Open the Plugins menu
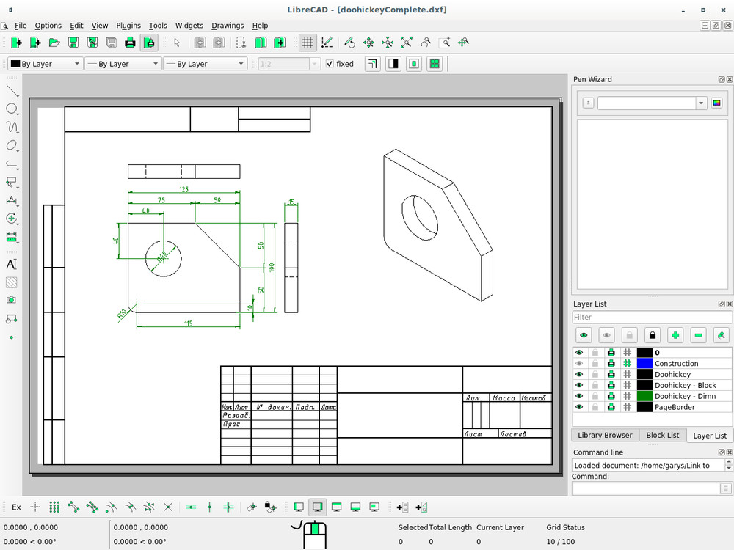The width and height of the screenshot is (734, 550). click(128, 26)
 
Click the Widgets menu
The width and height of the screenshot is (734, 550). click(189, 26)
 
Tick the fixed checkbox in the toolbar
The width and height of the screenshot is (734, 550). click(330, 64)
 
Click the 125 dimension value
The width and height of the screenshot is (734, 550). click(183, 189)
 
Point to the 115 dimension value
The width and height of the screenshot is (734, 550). click(188, 323)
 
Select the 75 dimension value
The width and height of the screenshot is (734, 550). click(161, 200)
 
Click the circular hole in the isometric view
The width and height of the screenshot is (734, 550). click(421, 217)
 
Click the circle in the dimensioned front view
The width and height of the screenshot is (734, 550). click(163, 258)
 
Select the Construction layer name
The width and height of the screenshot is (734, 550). click(676, 364)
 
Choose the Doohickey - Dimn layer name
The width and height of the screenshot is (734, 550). click(685, 396)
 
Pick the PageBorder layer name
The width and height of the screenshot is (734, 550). click(675, 407)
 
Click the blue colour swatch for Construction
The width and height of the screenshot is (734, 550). click(644, 364)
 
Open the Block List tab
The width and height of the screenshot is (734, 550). click(662, 435)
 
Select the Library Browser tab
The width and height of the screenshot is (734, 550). click(605, 435)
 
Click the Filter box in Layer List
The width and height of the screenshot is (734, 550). click(652, 318)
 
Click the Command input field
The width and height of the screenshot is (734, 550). click(645, 488)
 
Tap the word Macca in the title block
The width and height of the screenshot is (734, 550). click(504, 398)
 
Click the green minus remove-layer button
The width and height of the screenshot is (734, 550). click(698, 335)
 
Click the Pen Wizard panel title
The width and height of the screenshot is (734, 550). click(592, 79)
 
